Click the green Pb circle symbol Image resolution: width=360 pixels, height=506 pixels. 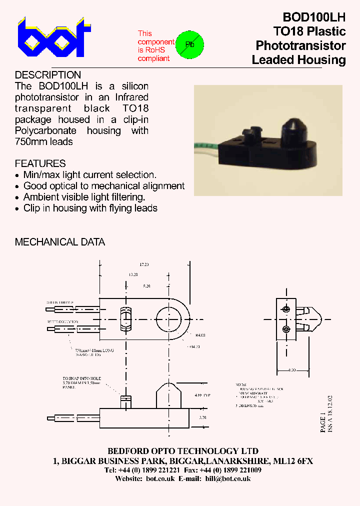tap(190, 45)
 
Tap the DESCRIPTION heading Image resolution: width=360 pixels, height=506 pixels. tap(48, 75)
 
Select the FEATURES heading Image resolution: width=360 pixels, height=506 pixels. tap(40, 163)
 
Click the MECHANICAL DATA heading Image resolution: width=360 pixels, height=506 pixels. tap(60, 242)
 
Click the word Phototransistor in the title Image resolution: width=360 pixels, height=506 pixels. tap(300, 45)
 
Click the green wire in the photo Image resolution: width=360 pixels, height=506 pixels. tap(205, 146)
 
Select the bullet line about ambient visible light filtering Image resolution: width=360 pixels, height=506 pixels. tap(84, 197)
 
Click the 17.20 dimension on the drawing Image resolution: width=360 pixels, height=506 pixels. tap(144, 264)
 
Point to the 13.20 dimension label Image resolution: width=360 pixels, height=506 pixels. tap(133, 274)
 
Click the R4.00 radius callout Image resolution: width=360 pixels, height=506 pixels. tap(200, 334)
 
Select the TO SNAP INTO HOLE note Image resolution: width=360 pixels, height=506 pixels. tap(82, 378)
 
